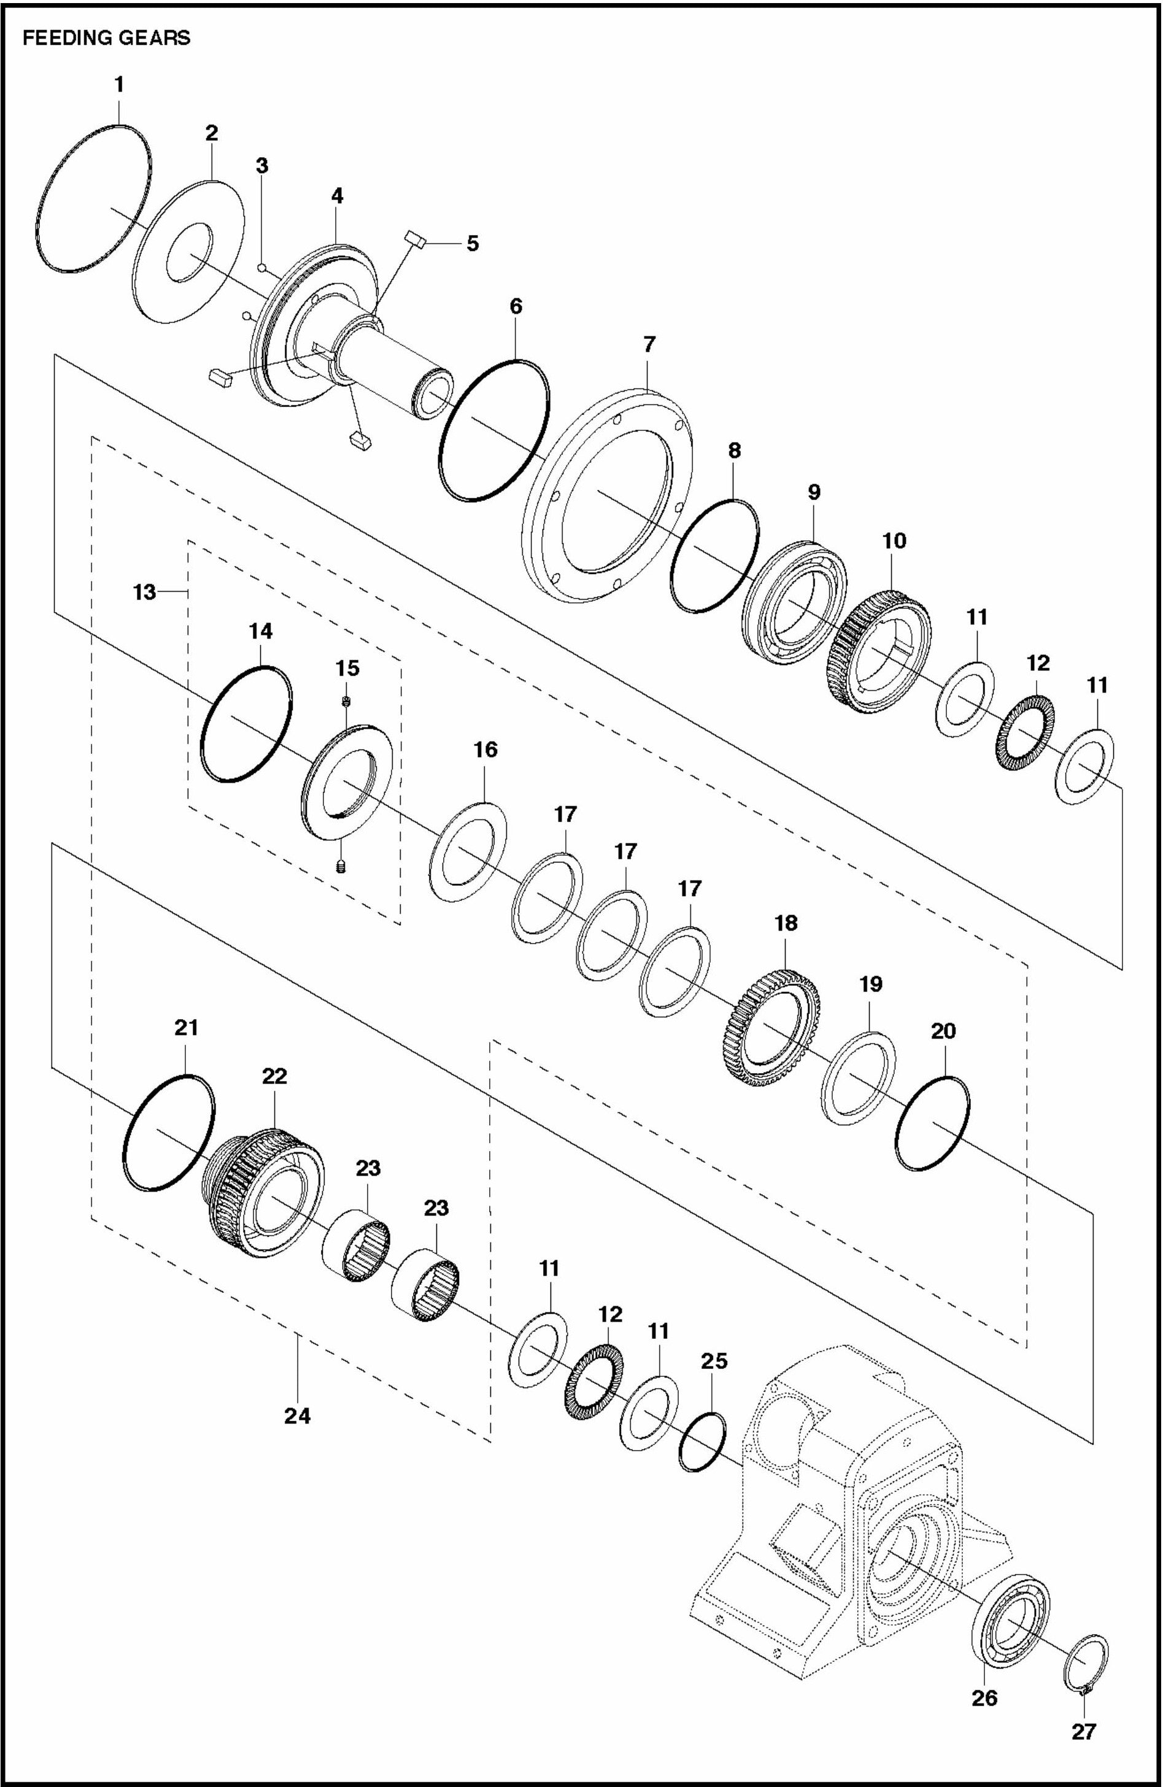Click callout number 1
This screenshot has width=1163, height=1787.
coord(118,84)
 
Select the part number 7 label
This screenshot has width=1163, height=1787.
coord(649,344)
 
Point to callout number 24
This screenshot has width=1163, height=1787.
coord(297,1416)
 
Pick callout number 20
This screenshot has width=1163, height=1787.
coord(943,1031)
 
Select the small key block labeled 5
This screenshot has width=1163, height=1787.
coord(416,240)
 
